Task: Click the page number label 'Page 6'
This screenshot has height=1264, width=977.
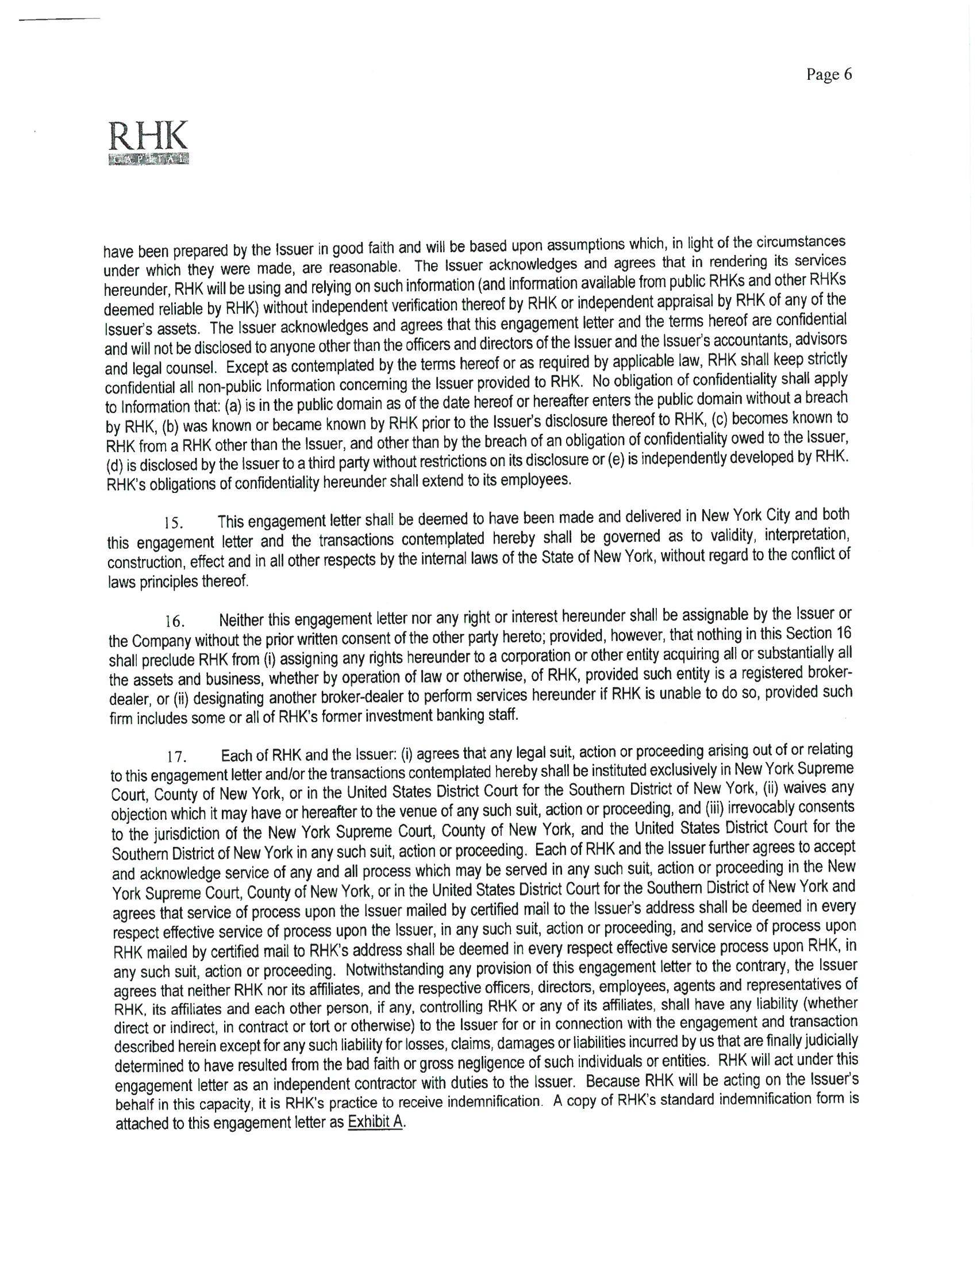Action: [829, 75]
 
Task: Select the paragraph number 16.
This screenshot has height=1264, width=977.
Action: [174, 622]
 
